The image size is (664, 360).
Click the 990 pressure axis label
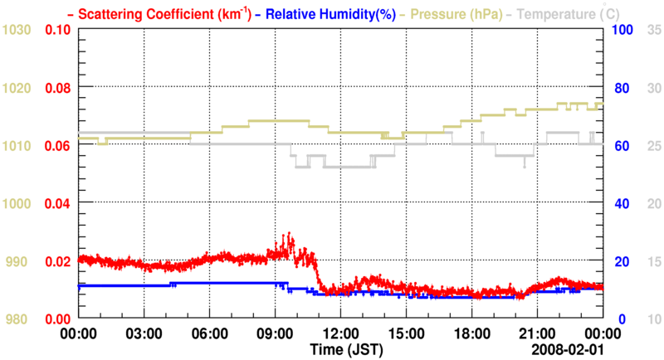(x=18, y=261)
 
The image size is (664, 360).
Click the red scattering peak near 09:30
(x=289, y=236)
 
